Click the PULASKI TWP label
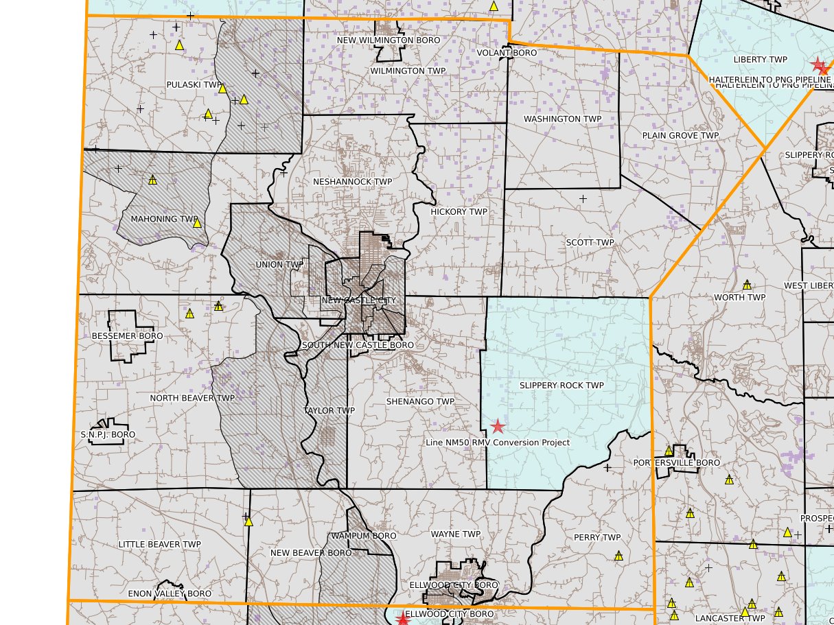coord(195,85)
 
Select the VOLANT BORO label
coord(507,53)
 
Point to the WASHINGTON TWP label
coord(562,119)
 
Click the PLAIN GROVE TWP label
coord(680,135)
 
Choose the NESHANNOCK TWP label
coord(352,182)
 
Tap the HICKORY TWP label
coord(459,212)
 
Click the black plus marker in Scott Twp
coord(583,199)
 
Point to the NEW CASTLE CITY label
coord(359,300)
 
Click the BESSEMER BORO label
coord(127,336)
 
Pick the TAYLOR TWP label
coord(329,411)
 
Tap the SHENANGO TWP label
coord(420,401)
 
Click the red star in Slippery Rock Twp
coord(498,427)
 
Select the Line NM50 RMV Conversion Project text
coord(498,443)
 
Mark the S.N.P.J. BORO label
coord(108,435)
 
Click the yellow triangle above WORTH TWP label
coord(747,284)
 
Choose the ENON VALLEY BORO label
coord(170,593)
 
